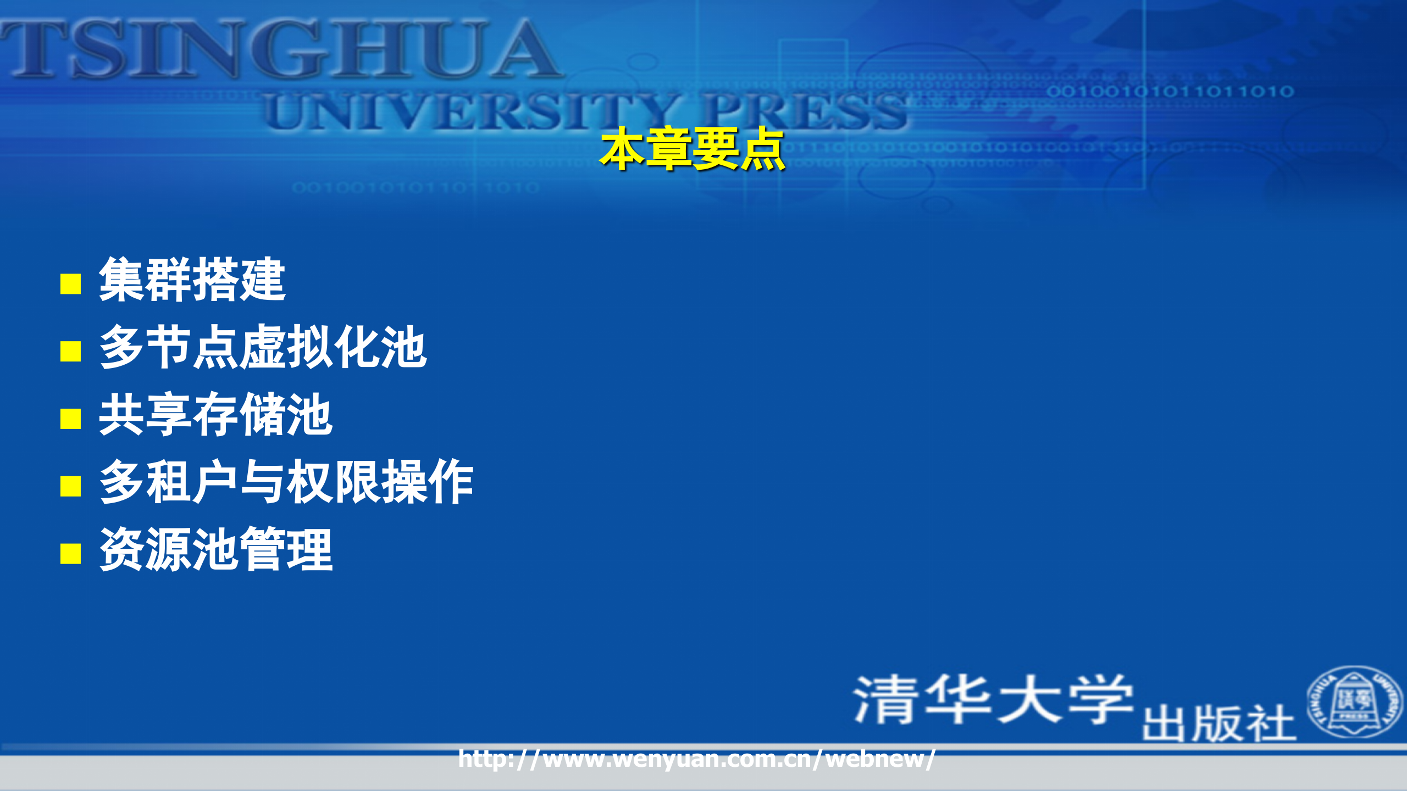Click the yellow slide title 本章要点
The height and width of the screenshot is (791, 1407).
pyautogui.click(x=692, y=149)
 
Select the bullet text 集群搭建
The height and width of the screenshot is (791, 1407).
pyautogui.click(x=192, y=280)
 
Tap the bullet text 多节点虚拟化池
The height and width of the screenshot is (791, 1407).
pyautogui.click(x=263, y=347)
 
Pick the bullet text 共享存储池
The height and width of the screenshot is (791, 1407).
pyautogui.click(x=215, y=415)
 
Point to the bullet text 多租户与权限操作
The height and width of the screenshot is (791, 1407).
pyautogui.click(x=286, y=482)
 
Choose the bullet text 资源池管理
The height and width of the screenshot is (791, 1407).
pyautogui.click(x=215, y=549)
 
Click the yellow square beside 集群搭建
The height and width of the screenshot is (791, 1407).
pyautogui.click(x=70, y=284)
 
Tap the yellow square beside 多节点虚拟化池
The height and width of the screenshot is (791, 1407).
pyautogui.click(x=70, y=351)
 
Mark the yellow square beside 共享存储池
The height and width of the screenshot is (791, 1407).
pyautogui.click(x=70, y=419)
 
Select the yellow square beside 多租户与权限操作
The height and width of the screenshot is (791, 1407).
pyautogui.click(x=70, y=486)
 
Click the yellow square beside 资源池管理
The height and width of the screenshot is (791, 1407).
pyautogui.click(x=70, y=554)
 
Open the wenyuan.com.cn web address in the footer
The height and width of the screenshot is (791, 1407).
pyautogui.click(x=696, y=759)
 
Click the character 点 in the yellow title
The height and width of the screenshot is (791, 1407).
pyautogui.click(x=762, y=149)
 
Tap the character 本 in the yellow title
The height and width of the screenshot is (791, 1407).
pyautogui.click(x=622, y=149)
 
